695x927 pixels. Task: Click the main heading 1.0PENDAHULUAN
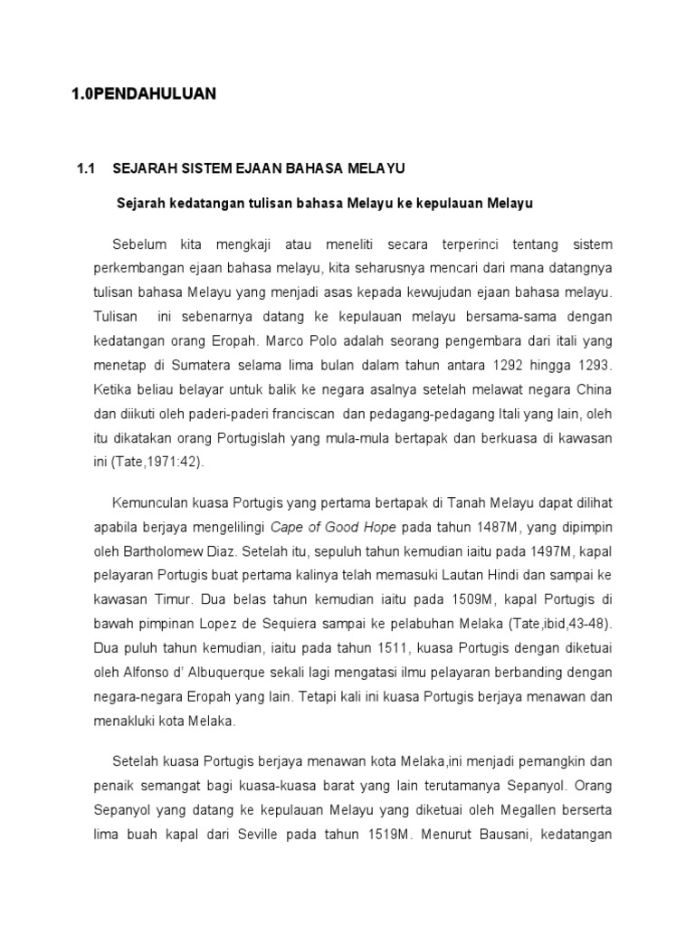tap(144, 93)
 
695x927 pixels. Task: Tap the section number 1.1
tap(86, 168)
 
